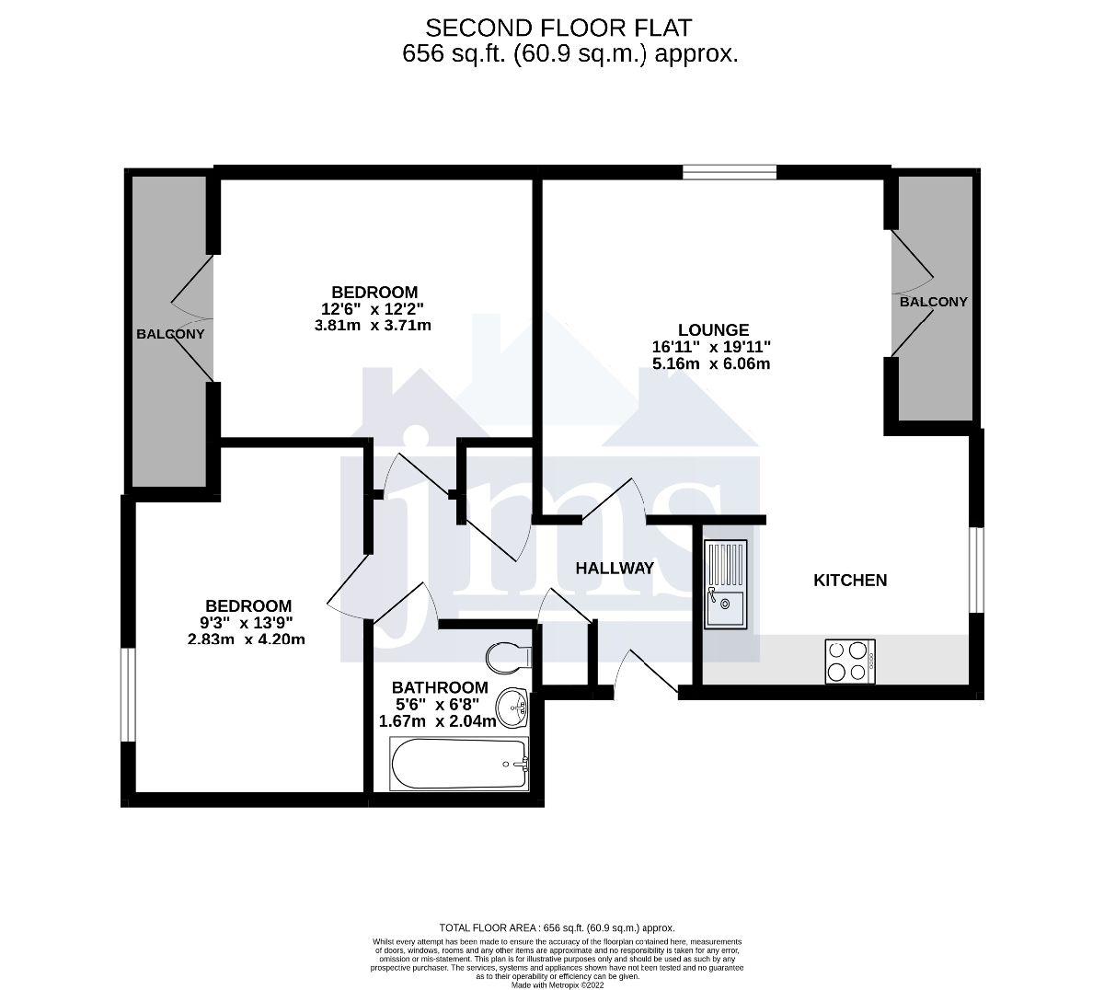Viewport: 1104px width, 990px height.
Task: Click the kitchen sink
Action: (727, 583)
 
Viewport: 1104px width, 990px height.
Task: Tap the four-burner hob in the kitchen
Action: (850, 661)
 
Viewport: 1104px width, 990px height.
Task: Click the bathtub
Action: (459, 763)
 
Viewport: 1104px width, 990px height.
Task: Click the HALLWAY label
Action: (615, 568)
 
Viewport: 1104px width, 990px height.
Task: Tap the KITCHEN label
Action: (850, 580)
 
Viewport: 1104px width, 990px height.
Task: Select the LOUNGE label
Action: (713, 329)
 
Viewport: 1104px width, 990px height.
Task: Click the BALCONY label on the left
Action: (170, 333)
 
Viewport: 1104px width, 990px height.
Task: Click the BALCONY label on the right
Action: (933, 302)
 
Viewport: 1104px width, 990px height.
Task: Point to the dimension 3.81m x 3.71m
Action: (373, 325)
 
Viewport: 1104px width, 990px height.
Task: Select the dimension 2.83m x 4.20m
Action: (247, 639)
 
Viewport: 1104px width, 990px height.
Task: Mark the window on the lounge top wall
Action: (730, 172)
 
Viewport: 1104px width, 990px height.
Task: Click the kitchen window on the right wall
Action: (978, 570)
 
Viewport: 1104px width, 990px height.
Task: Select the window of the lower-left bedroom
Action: (128, 694)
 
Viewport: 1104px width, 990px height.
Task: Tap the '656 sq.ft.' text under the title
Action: (454, 53)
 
